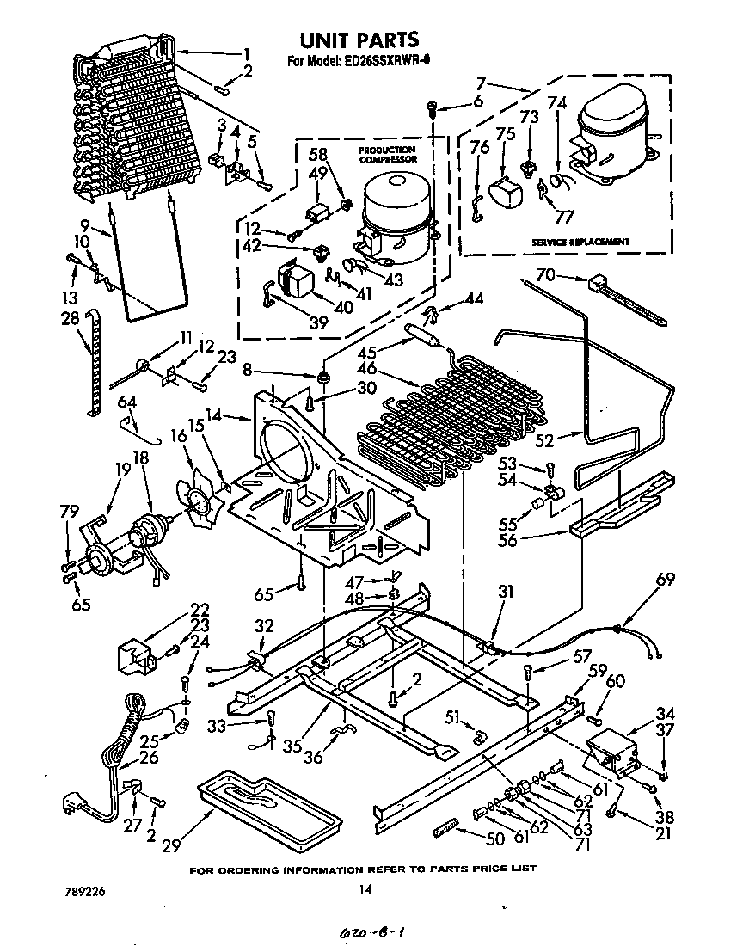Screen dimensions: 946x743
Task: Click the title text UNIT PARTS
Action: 359,40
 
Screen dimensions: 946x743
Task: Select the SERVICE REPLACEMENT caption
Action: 583,242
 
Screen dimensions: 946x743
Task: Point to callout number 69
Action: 666,580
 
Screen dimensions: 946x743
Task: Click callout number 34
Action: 665,713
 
